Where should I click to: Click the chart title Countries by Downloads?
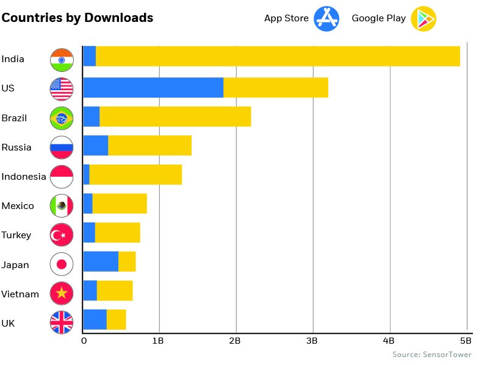coord(77,18)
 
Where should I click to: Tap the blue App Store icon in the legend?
coord(326,18)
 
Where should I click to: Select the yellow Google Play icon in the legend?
coord(423,18)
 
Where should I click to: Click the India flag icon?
coord(62,59)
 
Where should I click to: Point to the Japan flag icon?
coord(62,264)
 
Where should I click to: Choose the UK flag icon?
coord(62,323)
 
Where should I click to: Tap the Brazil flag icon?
coord(62,118)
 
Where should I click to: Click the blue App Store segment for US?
coord(153,88)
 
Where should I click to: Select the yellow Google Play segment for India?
coord(278,56)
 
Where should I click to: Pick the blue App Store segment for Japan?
coord(101,261)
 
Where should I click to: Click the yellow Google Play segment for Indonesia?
coord(135,175)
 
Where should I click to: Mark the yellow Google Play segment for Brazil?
coord(175,116)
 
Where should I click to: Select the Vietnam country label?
coord(20,294)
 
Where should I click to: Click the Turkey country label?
coord(16,235)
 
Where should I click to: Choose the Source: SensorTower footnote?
coord(431,354)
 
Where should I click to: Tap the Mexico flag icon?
coord(62,206)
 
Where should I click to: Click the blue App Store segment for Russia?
coord(95,146)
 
